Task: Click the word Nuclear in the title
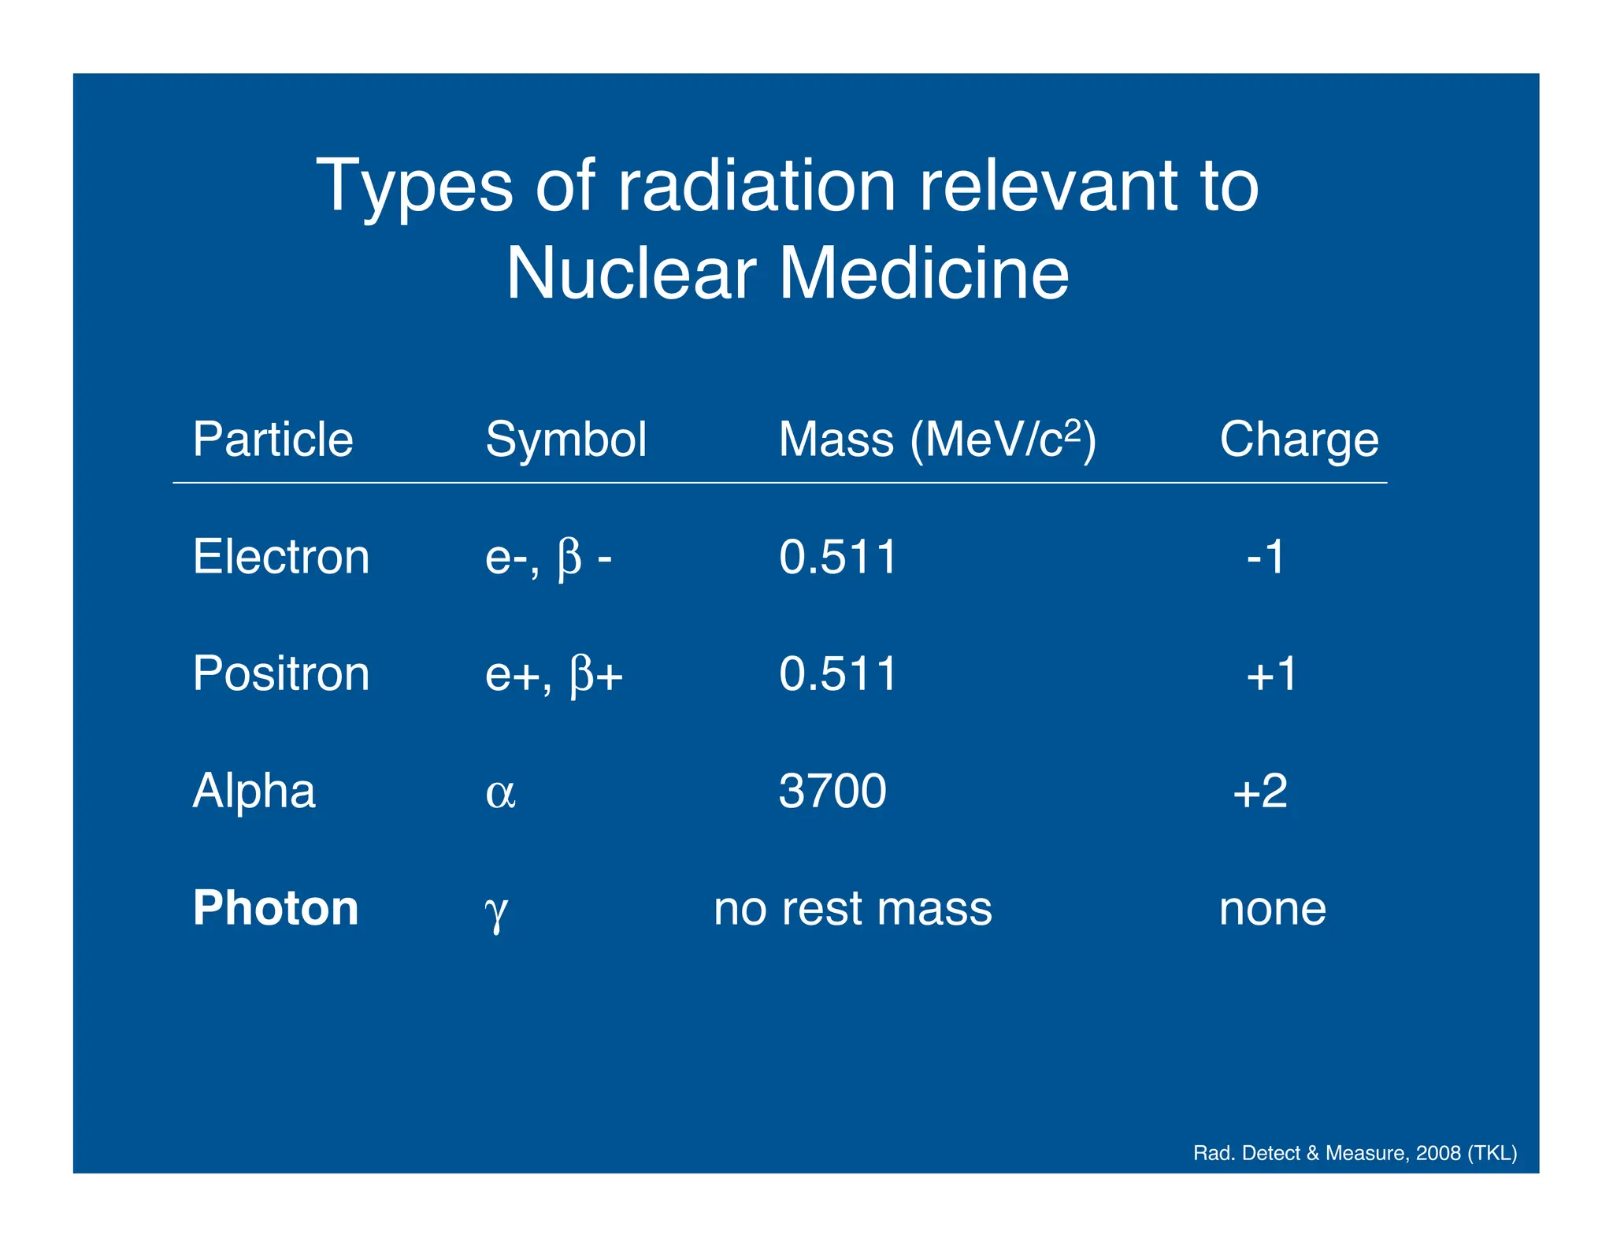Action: [631, 273]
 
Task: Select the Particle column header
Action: [273, 439]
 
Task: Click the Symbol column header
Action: [566, 439]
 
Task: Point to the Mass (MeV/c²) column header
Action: [937, 439]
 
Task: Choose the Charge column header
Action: [1300, 439]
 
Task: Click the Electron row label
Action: [281, 557]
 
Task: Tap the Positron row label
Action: [281, 674]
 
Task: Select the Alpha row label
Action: [254, 791]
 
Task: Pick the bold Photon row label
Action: [276, 908]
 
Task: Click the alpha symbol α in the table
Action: [501, 792]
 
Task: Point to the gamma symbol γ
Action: [496, 911]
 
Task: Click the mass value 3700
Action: [832, 791]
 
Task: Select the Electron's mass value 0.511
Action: [838, 557]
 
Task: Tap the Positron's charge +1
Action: [1271, 674]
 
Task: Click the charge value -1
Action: [1266, 557]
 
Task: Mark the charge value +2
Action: [1260, 791]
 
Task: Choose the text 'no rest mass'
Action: [853, 908]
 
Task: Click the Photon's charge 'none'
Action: [1273, 908]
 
